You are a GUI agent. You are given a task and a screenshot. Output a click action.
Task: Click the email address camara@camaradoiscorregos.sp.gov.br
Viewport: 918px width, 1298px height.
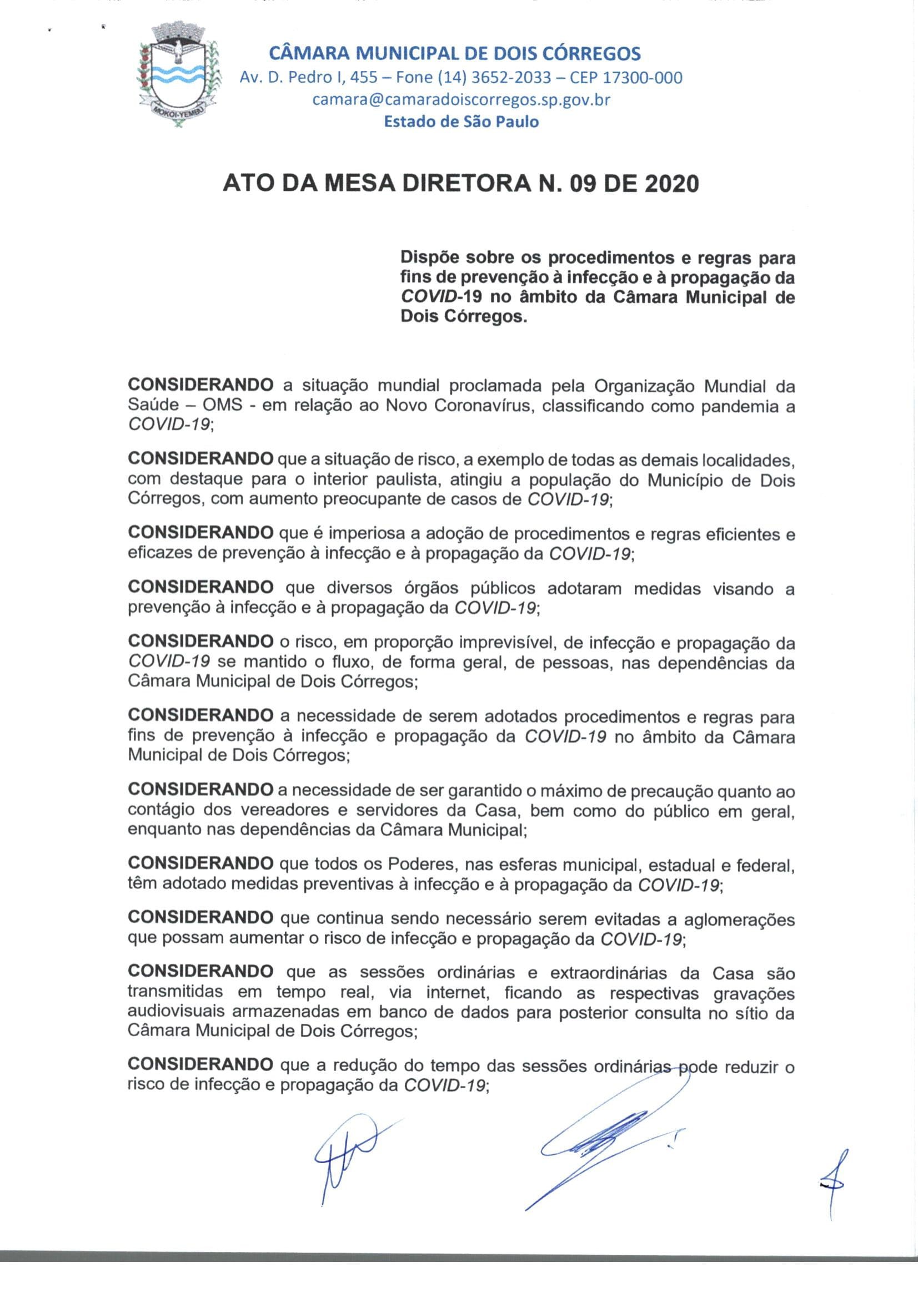(461, 99)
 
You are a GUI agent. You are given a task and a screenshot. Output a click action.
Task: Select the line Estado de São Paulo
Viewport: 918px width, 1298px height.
(461, 122)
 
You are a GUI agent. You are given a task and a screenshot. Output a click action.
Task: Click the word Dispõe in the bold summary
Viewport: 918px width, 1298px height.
(429, 258)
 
